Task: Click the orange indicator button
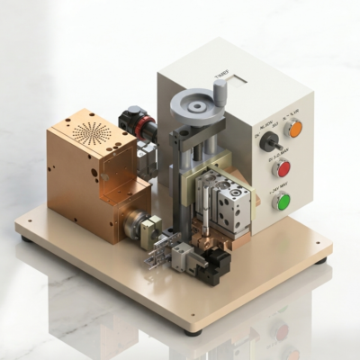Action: [x=293, y=129]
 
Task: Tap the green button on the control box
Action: [x=282, y=201]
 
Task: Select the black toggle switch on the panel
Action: [x=267, y=141]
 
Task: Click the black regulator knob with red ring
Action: [x=134, y=121]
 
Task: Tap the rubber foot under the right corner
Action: [x=321, y=261]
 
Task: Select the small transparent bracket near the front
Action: [x=157, y=251]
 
